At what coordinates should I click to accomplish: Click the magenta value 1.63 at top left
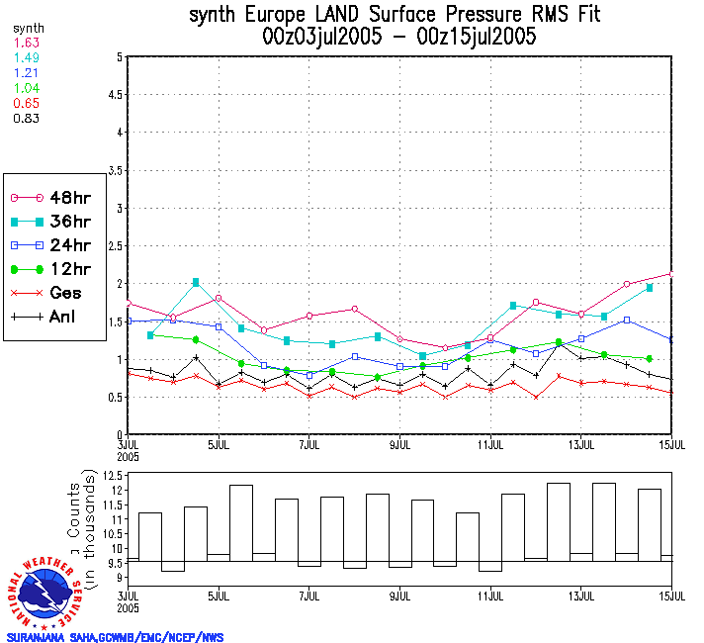[26, 44]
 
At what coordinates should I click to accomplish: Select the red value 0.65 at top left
[26, 103]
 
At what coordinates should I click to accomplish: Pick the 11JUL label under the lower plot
[491, 597]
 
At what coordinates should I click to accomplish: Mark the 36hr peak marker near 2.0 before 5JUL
[196, 283]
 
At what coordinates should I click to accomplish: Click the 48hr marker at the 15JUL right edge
[672, 273]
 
